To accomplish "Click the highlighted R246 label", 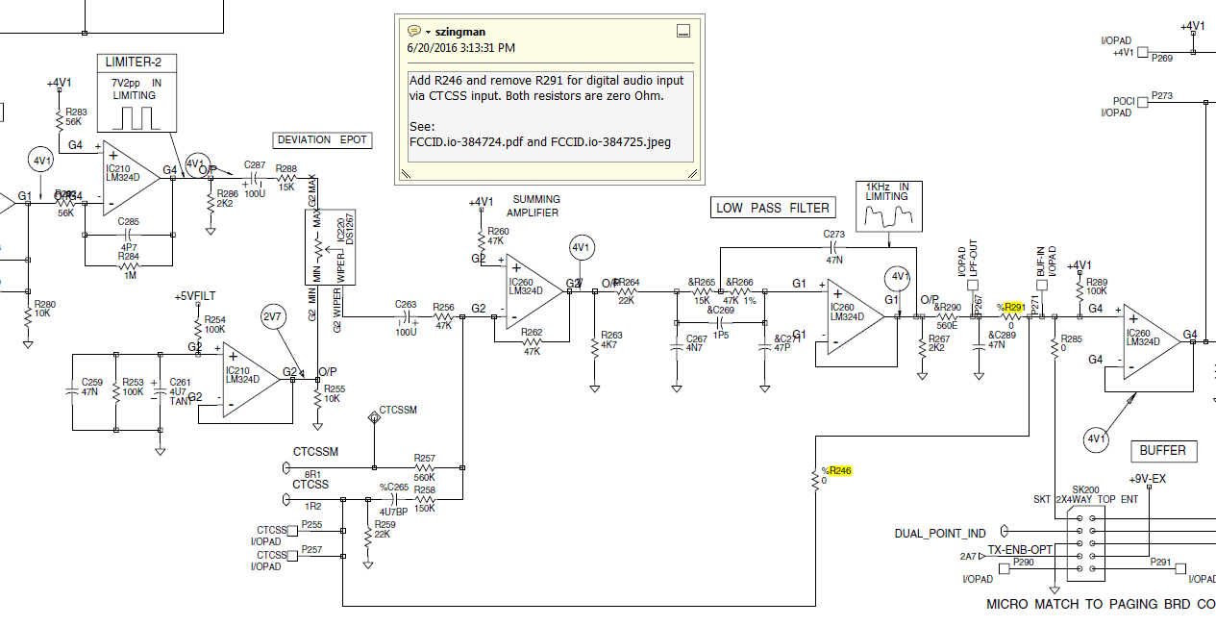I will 840,470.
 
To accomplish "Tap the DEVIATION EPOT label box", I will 322,139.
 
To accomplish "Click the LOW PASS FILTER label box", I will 773,208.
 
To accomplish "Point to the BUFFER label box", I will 1162,450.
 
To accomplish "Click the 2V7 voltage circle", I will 273,315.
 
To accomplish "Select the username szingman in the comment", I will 460,32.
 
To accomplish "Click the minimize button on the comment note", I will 683,31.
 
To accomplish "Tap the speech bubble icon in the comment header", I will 413,31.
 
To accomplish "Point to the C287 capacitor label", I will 255,164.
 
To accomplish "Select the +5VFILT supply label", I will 195,296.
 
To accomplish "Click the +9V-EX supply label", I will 1147,479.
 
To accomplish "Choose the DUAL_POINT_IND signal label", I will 939,534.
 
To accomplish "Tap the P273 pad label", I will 1161,95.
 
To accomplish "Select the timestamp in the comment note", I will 461,47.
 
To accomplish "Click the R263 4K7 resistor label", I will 610,339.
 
